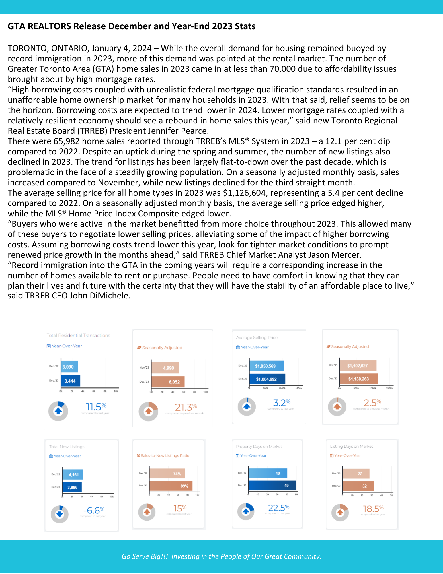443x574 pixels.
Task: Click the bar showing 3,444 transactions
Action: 71,381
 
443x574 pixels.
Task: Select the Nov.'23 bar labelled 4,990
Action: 165,368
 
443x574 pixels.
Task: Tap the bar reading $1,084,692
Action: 267,379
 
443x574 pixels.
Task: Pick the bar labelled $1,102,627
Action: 358,366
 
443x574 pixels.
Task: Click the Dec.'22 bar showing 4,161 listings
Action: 73,474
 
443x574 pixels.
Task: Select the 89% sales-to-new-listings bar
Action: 171,486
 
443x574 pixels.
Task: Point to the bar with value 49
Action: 272,485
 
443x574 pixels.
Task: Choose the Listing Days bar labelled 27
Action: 356,474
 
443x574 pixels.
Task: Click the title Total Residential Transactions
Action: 78,335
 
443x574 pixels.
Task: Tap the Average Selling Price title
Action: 257,338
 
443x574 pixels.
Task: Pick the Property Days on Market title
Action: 259,447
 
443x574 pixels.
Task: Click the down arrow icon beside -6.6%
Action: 60,514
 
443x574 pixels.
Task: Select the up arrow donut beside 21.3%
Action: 148,411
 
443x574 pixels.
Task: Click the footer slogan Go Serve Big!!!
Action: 145,556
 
